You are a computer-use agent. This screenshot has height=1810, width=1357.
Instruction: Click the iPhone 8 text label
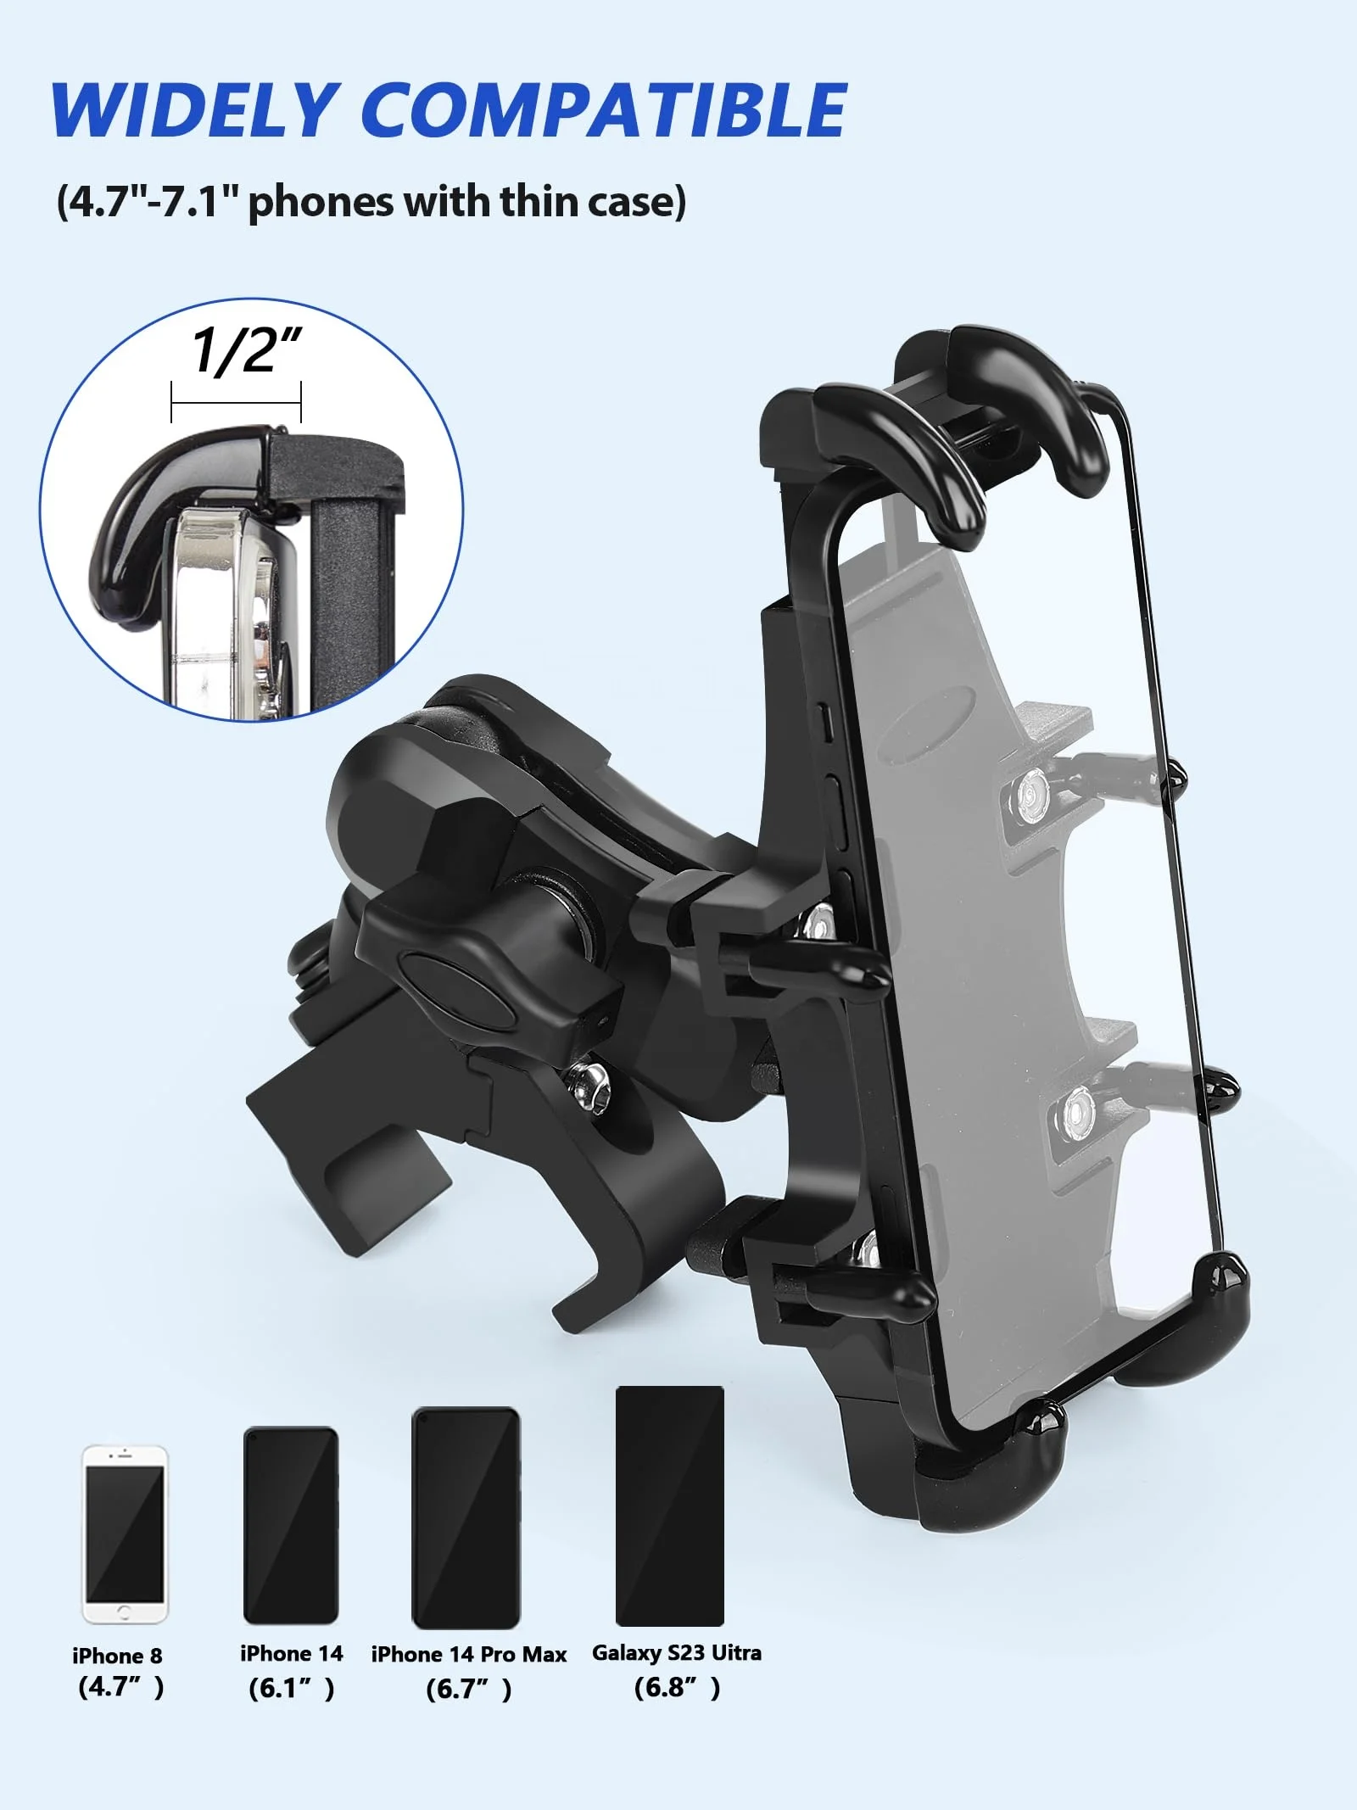click(117, 1656)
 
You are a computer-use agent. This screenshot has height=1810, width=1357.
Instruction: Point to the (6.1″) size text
click(291, 1688)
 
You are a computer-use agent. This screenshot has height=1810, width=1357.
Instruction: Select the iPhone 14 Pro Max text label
click(469, 1654)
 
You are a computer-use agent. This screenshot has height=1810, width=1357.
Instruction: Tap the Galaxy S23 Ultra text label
click(677, 1652)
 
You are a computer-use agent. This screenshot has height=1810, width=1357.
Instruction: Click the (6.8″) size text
click(677, 1687)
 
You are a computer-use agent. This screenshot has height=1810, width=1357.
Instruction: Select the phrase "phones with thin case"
click(466, 202)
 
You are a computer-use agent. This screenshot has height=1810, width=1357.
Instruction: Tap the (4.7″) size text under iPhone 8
click(120, 1686)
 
